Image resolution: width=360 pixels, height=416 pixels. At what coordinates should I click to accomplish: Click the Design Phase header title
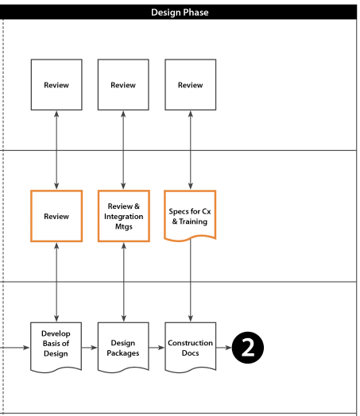point(180,13)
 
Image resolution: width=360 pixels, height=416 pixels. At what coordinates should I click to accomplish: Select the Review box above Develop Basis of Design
point(56,216)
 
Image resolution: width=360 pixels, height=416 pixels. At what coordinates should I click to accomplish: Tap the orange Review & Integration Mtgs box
point(124,216)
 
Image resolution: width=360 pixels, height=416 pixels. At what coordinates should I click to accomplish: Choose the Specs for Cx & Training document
point(190,215)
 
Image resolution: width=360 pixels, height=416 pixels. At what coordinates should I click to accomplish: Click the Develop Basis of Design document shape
point(56,347)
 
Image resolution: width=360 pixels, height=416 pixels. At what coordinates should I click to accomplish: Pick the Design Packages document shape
point(123,347)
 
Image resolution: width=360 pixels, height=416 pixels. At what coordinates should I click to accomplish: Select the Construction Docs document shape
point(191,347)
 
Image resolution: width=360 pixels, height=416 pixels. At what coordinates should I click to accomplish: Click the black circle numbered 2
point(248,347)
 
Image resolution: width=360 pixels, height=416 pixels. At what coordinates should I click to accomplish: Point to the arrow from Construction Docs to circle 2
point(224,347)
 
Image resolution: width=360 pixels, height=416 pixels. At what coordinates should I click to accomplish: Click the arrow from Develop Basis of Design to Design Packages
point(90,347)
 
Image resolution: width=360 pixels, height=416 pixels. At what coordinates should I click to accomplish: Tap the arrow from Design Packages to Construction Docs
point(157,347)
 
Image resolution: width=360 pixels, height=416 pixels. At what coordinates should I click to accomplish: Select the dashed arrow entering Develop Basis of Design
point(15,347)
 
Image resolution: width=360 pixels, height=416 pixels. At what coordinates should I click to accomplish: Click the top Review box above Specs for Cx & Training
point(191,85)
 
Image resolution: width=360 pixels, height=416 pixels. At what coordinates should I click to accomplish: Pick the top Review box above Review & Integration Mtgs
point(123,85)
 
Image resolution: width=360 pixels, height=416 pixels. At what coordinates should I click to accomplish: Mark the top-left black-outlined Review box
point(56,85)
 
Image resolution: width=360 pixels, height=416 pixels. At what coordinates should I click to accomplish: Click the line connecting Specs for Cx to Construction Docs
point(191,280)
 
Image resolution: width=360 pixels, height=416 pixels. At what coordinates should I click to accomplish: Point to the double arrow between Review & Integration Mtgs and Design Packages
point(124,282)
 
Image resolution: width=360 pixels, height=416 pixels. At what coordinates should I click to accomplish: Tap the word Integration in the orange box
point(124,217)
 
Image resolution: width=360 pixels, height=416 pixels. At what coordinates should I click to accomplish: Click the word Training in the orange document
point(193,221)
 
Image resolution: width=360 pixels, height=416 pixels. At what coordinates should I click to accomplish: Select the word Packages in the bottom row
point(123,353)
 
